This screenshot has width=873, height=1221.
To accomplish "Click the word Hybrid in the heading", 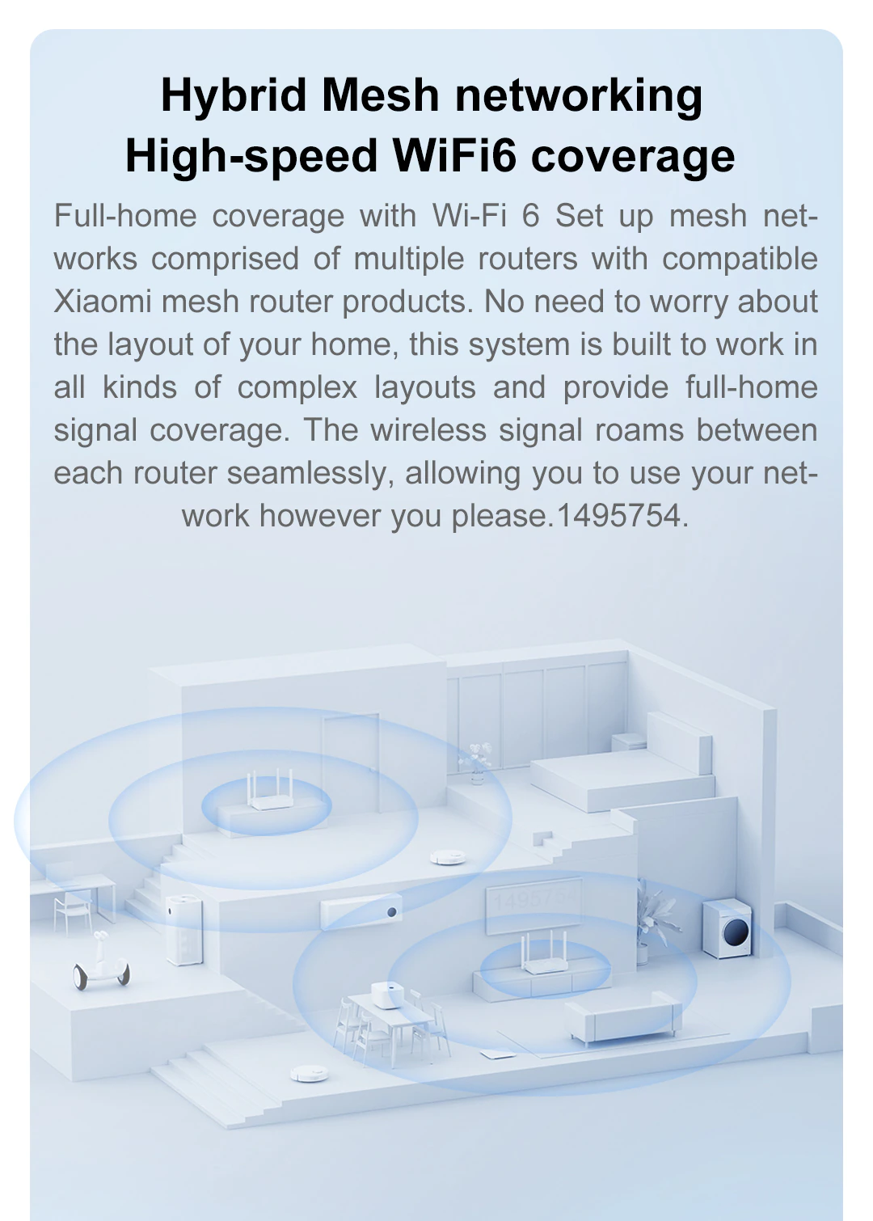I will (x=235, y=96).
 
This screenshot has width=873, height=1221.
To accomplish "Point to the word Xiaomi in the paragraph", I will (x=103, y=302).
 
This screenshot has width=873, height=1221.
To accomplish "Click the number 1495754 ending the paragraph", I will (x=619, y=516).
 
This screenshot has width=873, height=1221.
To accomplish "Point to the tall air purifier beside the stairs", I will (x=183, y=930).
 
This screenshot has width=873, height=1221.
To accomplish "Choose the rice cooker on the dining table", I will (x=388, y=995).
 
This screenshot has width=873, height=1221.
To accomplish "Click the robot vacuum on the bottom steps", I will (x=309, y=1073).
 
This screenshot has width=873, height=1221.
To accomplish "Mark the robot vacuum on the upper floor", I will (x=447, y=856).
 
